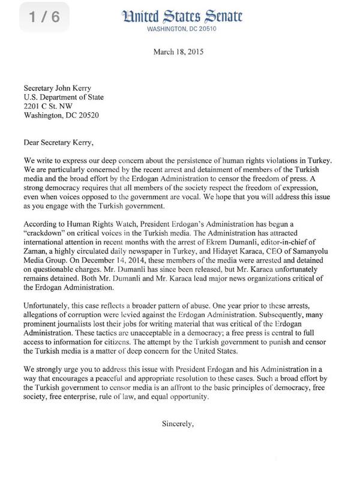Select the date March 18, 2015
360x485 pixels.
point(179,52)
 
